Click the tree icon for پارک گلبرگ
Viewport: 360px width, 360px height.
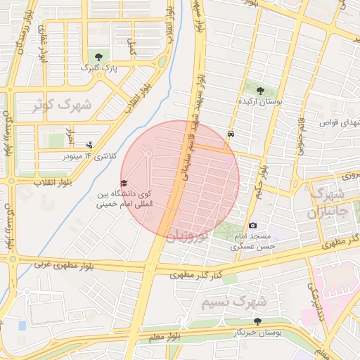coord(98,58)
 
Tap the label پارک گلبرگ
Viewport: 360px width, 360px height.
coord(98,68)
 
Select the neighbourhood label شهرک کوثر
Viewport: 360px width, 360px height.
coord(62,105)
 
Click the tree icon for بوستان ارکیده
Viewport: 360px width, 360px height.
coord(261,91)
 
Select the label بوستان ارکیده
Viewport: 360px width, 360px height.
coord(261,102)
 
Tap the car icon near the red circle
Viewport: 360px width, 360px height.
coord(231,134)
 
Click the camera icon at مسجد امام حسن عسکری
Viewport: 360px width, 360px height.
coord(252,225)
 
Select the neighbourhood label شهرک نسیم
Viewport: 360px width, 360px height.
coord(233,302)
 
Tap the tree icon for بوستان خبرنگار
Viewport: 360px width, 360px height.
coord(257,321)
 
